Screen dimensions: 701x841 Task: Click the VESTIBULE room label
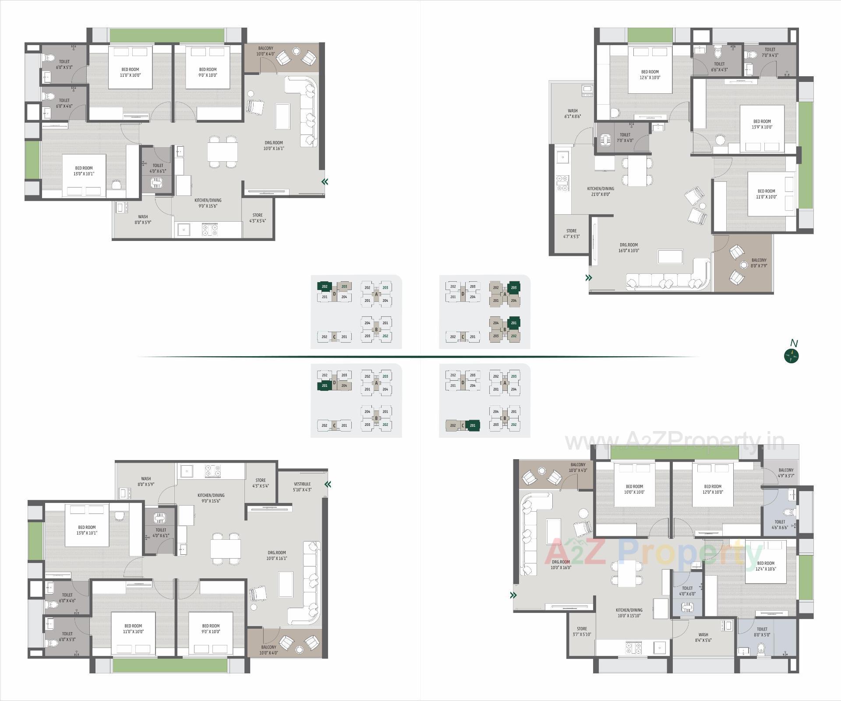pyautogui.click(x=302, y=487)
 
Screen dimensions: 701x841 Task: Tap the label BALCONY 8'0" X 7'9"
pyautogui.click(x=759, y=263)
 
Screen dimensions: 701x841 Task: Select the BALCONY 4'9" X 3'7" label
pyautogui.click(x=786, y=473)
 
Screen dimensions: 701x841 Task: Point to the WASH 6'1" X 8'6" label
pyautogui.click(x=572, y=114)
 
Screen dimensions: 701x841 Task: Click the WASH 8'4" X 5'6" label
pyautogui.click(x=703, y=637)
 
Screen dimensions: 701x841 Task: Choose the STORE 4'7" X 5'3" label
pyautogui.click(x=571, y=234)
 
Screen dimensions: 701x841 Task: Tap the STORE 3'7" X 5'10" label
pyautogui.click(x=582, y=631)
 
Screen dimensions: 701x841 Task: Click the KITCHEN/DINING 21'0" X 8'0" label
pyautogui.click(x=601, y=191)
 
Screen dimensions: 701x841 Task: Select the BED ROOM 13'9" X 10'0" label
pyautogui.click(x=762, y=124)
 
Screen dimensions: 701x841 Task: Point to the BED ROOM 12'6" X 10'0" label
pyautogui.click(x=650, y=74)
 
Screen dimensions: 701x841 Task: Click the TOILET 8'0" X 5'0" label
pyautogui.click(x=762, y=632)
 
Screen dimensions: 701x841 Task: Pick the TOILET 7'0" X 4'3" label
pyautogui.click(x=770, y=53)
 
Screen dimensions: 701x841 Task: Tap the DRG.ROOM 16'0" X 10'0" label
pyautogui.click(x=629, y=248)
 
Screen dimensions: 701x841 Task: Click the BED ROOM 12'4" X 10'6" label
pyautogui.click(x=766, y=566)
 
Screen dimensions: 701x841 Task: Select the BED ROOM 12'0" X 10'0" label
pyautogui.click(x=713, y=489)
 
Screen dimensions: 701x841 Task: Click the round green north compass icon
pyautogui.click(x=792, y=356)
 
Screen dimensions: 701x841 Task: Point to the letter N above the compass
pyautogui.click(x=793, y=343)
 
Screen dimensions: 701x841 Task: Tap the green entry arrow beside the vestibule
pyautogui.click(x=328, y=484)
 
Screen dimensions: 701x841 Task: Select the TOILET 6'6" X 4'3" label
pyautogui.click(x=719, y=67)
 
